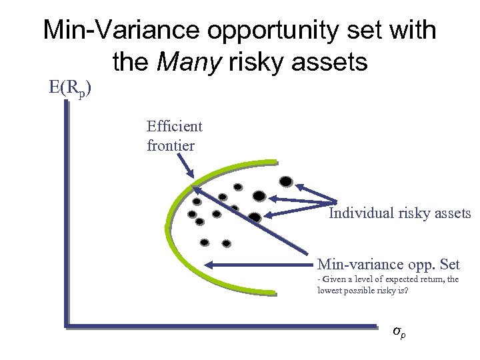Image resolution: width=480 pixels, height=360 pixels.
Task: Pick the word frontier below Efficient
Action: pyautogui.click(x=171, y=145)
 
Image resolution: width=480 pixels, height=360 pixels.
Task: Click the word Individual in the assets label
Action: pyautogui.click(x=360, y=213)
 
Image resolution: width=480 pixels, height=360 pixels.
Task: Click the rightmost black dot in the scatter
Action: pyautogui.click(x=285, y=181)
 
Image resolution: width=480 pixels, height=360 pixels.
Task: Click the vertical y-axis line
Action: pyautogui.click(x=67, y=213)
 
